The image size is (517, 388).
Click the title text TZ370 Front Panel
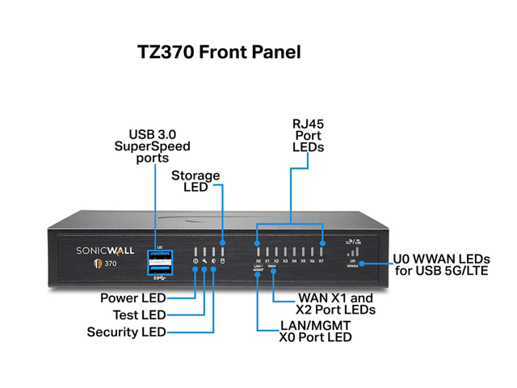(x=221, y=53)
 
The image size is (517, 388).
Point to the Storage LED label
(x=195, y=181)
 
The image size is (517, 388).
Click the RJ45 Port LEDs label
(x=308, y=136)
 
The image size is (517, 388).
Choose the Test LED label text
(x=137, y=314)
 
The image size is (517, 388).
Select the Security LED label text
(x=126, y=331)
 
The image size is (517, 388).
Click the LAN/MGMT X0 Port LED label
(x=314, y=330)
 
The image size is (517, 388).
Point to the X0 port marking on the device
(x=258, y=261)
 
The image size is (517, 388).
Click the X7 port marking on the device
(x=322, y=261)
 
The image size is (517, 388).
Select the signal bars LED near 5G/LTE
(x=352, y=252)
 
